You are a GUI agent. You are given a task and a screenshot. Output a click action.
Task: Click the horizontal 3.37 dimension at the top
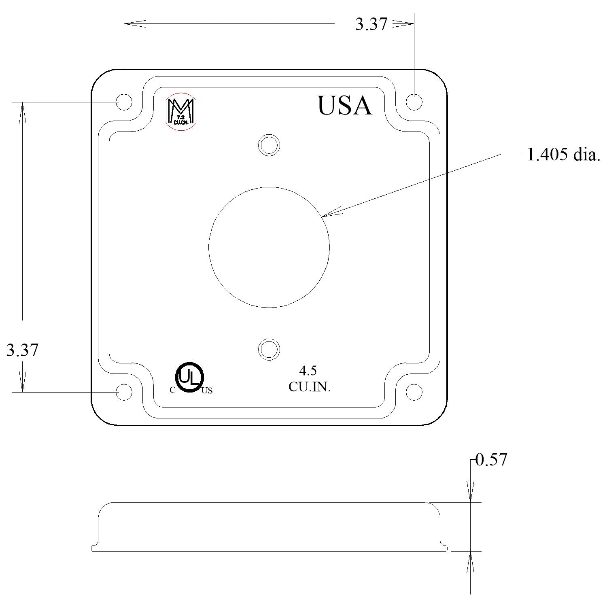371,24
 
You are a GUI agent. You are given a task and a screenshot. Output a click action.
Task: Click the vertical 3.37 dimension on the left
22,350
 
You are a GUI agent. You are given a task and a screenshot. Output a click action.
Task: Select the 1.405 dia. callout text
563,155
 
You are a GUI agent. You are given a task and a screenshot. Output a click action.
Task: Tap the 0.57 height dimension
491,460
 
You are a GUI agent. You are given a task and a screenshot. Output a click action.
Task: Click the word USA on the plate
344,106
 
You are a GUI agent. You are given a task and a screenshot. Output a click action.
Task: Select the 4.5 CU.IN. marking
309,379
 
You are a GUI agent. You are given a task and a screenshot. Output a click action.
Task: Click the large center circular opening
269,247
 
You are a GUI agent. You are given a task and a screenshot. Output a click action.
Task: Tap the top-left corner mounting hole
124,102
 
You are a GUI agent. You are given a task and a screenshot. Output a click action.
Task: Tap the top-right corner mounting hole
414,102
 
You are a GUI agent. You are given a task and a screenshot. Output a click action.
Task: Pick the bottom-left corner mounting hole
124,392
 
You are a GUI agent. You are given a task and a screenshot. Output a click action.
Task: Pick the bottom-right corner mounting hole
414,392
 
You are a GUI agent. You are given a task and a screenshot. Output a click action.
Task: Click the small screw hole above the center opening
269,144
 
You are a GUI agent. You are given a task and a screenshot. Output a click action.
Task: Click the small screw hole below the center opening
269,349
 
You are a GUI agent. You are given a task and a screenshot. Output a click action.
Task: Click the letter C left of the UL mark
172,391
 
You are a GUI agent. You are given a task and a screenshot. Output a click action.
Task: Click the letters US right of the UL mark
207,391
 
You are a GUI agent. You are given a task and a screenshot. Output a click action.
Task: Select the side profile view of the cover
269,527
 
